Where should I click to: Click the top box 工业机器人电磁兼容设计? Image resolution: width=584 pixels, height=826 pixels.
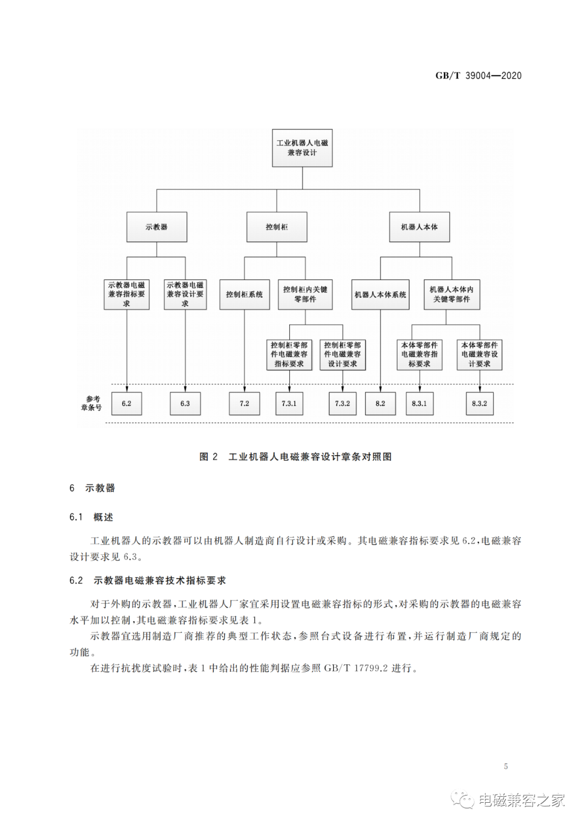coord(302,148)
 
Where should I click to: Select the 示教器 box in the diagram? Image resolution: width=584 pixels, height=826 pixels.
coord(157,227)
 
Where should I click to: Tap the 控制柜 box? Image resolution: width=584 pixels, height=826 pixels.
coord(277,227)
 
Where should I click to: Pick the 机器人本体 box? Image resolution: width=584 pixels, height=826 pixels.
coord(419,227)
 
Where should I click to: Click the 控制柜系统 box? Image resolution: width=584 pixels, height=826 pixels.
coord(244,294)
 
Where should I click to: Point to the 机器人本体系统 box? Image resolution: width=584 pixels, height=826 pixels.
coord(380,294)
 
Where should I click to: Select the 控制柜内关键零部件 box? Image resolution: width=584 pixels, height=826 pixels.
coord(305,294)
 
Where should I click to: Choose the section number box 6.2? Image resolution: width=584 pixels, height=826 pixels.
coord(127,403)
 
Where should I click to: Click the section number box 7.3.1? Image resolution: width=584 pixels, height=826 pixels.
coord(289,403)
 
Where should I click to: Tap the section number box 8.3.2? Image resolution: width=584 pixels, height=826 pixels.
coord(479,403)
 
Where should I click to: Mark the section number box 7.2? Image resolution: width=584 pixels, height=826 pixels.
coord(244,403)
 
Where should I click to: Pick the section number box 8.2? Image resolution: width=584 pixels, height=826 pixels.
coord(380,403)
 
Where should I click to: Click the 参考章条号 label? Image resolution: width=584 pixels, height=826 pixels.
coord(91,403)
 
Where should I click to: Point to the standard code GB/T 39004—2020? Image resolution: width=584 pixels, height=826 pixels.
coord(478,76)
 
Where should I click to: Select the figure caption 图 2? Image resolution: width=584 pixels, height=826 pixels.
coord(209,457)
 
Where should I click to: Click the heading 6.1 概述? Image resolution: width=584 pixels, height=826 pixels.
coord(91,517)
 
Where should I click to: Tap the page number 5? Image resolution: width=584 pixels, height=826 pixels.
coord(506,766)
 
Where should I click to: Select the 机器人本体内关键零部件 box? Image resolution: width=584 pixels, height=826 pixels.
coord(452,294)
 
